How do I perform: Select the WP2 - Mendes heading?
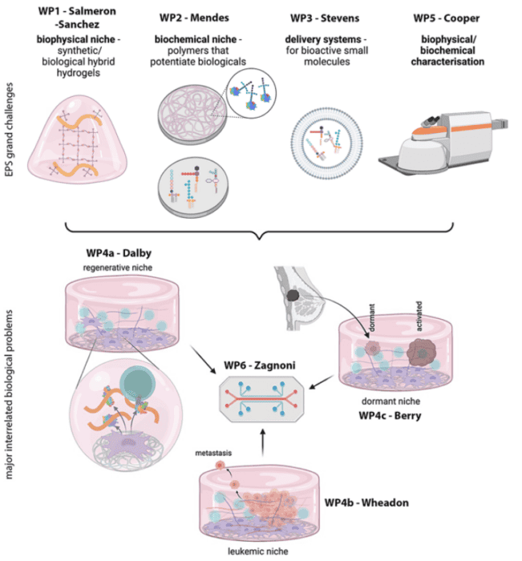tap(194, 15)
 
